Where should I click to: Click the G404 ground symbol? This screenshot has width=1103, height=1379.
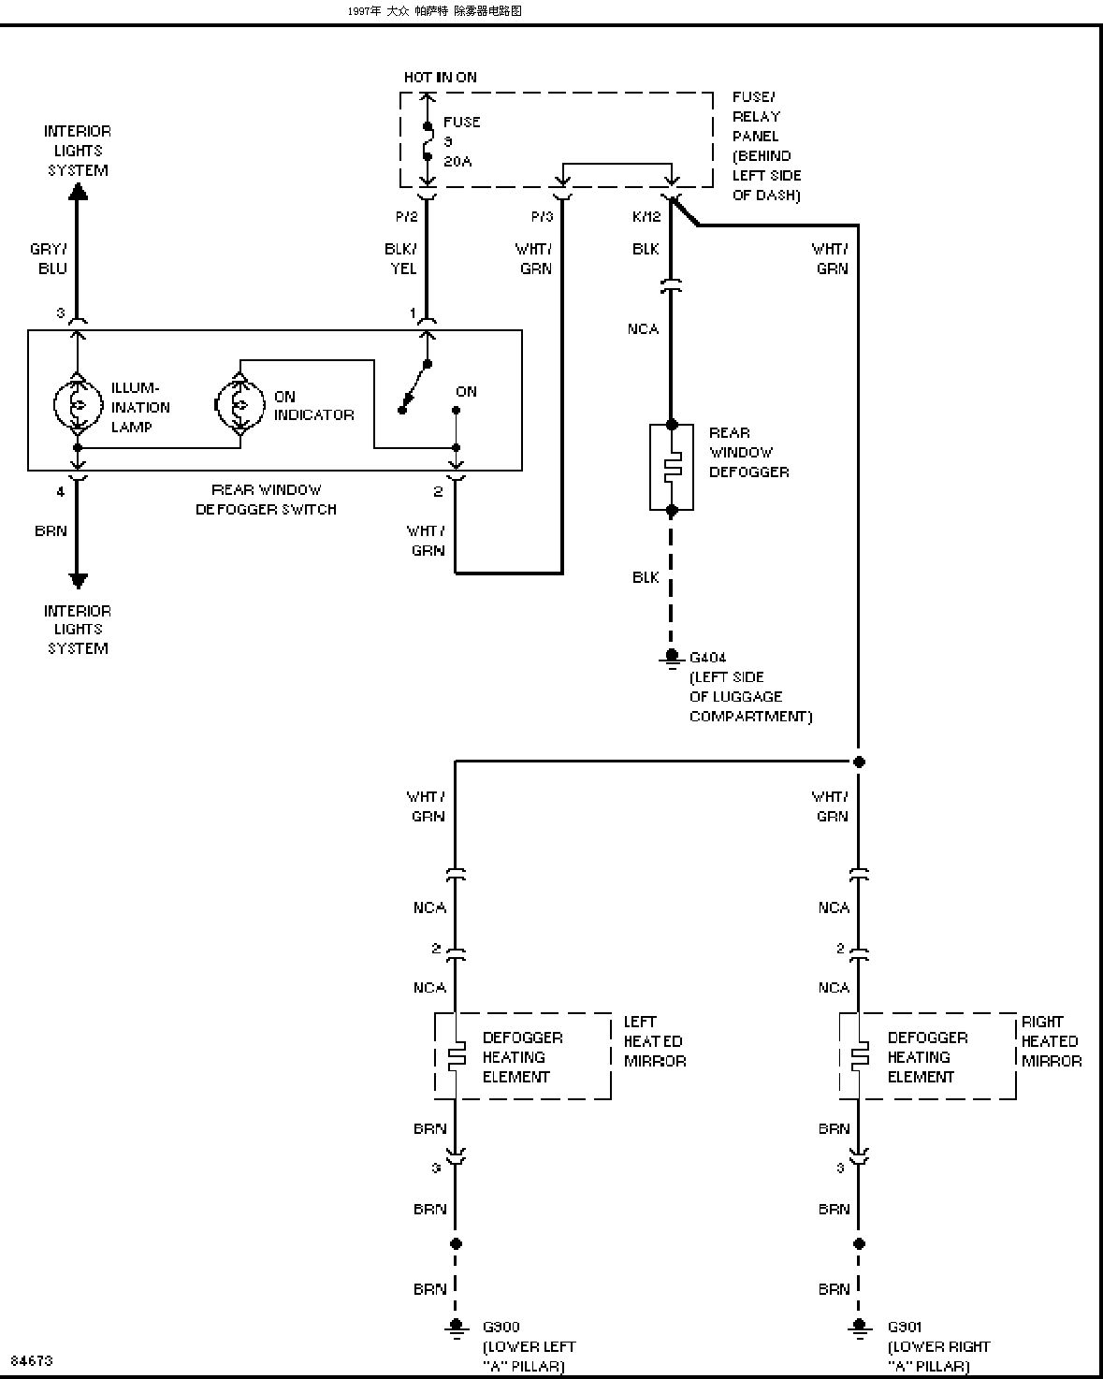[x=672, y=659]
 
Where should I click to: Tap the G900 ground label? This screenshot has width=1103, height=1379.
[x=501, y=1327]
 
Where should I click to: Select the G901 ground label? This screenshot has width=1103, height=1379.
[x=905, y=1327]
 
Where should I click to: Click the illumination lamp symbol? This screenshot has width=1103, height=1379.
[x=79, y=405]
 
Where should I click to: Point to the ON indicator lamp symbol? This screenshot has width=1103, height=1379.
[x=239, y=405]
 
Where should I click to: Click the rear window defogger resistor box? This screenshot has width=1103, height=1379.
[x=672, y=467]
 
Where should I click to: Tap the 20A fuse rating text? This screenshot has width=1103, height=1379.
[x=457, y=162]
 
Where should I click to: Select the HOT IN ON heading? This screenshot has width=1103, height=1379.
[x=441, y=78]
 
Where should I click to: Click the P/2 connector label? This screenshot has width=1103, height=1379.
[x=406, y=217]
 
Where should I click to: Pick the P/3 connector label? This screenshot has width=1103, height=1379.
[x=543, y=217]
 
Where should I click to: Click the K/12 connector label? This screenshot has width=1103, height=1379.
[x=646, y=217]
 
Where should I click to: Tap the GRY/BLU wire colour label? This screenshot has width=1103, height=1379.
[x=49, y=258]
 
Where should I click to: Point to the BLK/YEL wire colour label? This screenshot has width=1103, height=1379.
[x=401, y=258]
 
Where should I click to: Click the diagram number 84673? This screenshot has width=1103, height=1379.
[x=32, y=1360]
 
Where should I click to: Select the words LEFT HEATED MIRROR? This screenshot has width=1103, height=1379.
[x=655, y=1041]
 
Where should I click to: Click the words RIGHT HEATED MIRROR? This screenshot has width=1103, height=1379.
[x=1052, y=1041]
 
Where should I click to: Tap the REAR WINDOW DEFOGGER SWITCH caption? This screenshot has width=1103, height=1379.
[x=266, y=500]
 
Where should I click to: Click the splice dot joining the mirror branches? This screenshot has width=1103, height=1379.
[x=860, y=762]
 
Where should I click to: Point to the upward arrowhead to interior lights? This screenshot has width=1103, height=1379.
[x=79, y=192]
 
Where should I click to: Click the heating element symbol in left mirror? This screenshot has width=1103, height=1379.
[x=457, y=1056]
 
